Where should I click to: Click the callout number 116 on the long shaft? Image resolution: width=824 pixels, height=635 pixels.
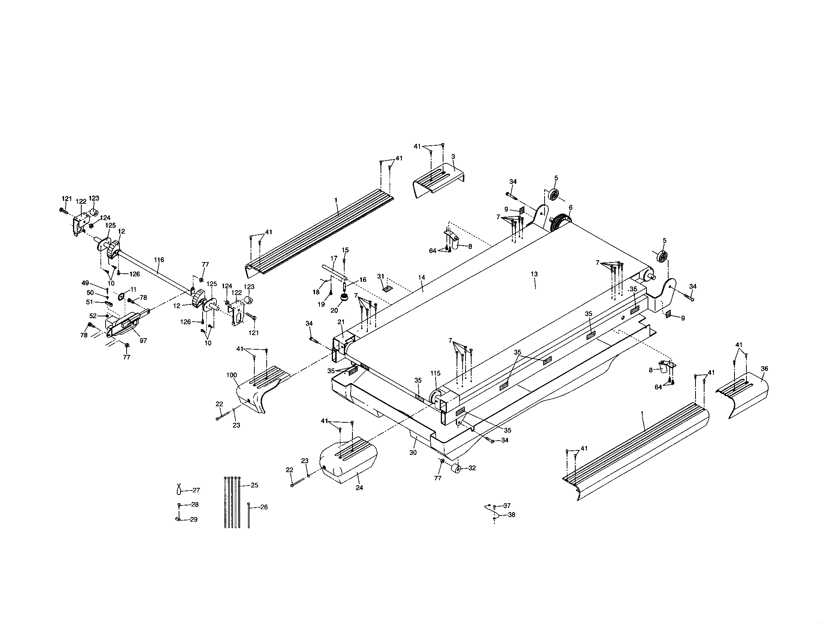point(159,260)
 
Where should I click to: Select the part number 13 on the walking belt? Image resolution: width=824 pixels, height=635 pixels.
point(534,274)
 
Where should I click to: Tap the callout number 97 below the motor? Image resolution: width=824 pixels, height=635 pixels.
point(143,340)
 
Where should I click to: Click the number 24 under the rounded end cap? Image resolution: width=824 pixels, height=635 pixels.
point(359,487)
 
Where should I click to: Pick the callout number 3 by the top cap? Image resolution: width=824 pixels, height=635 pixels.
point(453,156)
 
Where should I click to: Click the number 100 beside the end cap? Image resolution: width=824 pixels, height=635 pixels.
point(231,375)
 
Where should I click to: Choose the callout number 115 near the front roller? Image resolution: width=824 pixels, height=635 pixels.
point(435,373)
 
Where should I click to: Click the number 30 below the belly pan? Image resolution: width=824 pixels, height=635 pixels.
point(413,453)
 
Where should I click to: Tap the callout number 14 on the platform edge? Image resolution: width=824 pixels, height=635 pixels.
point(421,277)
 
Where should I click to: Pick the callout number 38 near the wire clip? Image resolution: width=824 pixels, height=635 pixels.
point(512,515)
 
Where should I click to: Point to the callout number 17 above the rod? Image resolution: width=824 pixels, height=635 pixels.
point(333,258)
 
